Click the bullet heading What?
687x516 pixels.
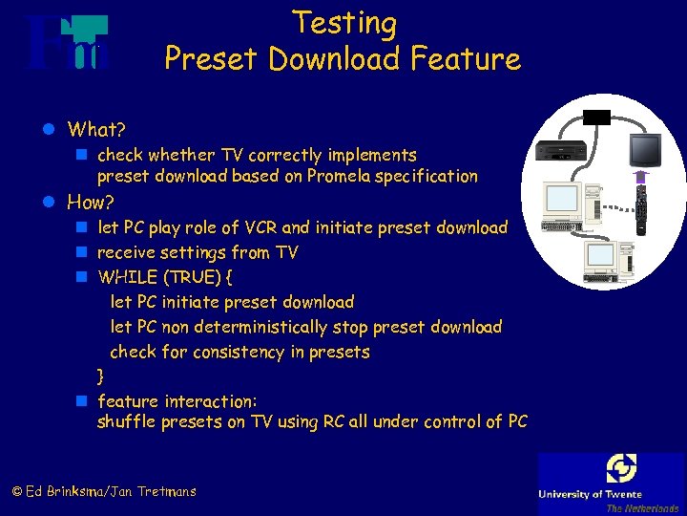(96, 128)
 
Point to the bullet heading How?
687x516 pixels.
(91, 202)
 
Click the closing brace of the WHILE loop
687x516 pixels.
(101, 376)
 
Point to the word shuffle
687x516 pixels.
(128, 422)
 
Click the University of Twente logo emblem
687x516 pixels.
(621, 469)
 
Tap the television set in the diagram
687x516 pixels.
(644, 151)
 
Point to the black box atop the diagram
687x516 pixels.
(598, 117)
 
